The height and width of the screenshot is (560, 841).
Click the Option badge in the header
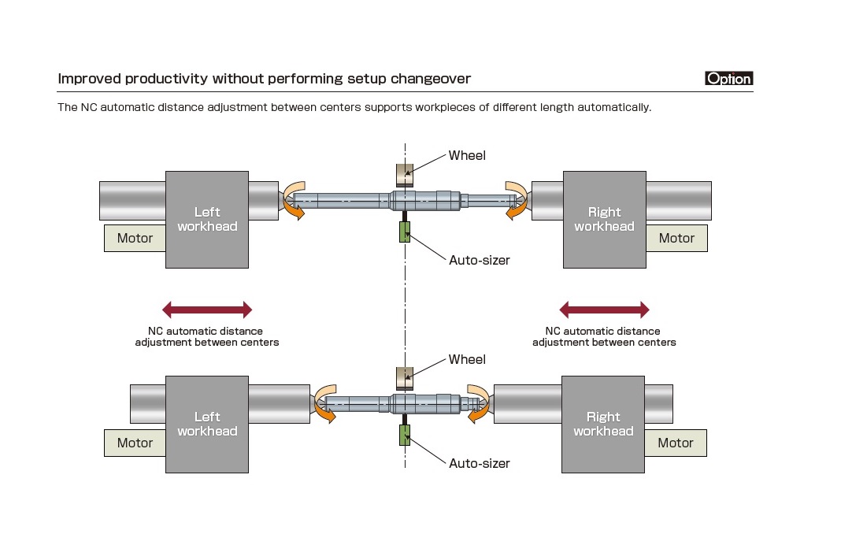(x=729, y=79)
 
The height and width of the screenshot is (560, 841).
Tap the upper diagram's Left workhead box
(x=207, y=220)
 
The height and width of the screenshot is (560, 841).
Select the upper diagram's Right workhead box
(x=604, y=220)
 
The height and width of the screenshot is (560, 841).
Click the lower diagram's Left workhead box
(x=207, y=424)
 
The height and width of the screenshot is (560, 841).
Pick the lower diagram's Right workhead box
(x=603, y=424)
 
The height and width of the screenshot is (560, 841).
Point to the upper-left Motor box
(x=135, y=238)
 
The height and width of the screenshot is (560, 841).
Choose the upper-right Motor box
(x=676, y=238)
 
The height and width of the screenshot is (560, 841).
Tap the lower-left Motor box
(x=135, y=443)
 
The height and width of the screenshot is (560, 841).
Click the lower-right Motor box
(x=676, y=443)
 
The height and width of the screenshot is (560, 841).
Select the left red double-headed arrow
(x=206, y=310)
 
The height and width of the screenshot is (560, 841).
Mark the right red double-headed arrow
(x=604, y=310)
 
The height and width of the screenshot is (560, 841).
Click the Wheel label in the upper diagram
(x=467, y=155)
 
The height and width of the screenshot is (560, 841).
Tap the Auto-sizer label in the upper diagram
(x=479, y=260)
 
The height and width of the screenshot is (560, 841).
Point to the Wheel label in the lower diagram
(x=467, y=359)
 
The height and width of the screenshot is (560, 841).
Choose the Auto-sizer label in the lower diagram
(x=479, y=463)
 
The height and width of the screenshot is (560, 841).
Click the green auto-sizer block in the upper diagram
(x=405, y=232)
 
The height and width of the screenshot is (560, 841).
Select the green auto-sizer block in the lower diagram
(x=405, y=436)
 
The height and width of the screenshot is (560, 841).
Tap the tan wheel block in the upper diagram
(x=404, y=174)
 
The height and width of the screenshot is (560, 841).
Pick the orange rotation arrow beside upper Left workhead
(x=294, y=200)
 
